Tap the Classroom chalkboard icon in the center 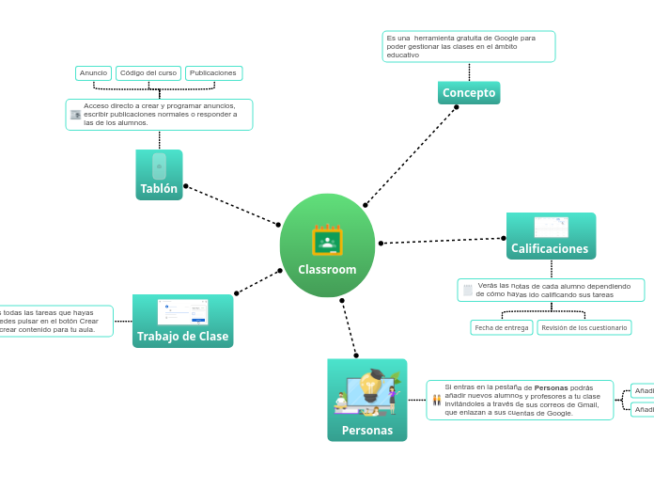tap(327, 241)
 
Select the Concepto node tap(469, 93)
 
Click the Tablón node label tap(159, 189)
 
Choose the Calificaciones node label tap(550, 249)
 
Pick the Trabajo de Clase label tap(182, 337)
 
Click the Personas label tap(366, 431)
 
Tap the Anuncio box tap(93, 73)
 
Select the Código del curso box tap(148, 73)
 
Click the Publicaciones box tap(213, 73)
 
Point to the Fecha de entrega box tap(502, 328)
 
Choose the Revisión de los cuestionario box tap(584, 328)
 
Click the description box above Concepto tap(468, 47)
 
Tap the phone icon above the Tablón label tap(159, 166)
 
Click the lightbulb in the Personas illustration tap(369, 386)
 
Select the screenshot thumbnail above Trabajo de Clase tap(182, 312)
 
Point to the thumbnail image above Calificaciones tap(551, 227)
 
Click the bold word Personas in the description tap(551, 387)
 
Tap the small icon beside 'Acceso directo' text tap(75, 115)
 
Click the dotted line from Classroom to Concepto tap(411, 156)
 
